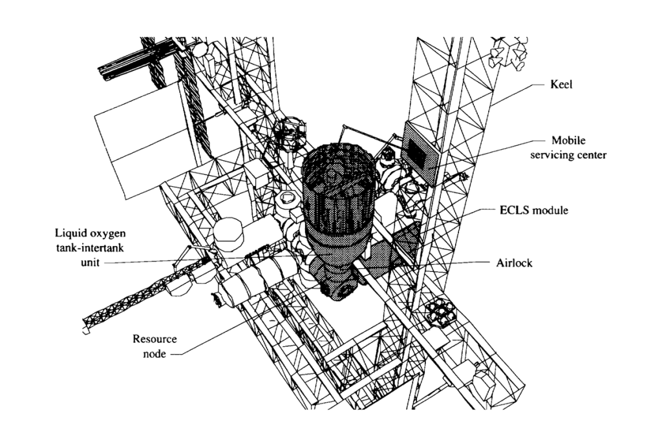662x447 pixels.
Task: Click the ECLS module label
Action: [x=533, y=211]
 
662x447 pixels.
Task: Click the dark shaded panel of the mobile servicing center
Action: [x=418, y=148]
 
